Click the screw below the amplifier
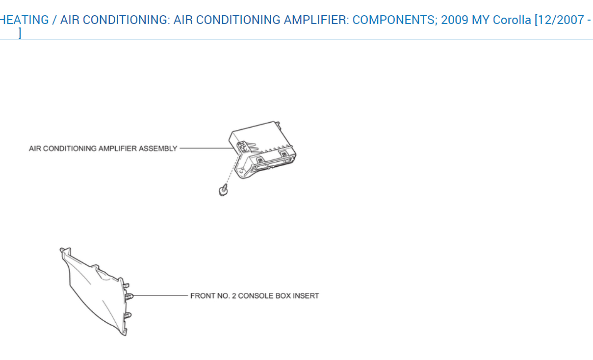coord(223,189)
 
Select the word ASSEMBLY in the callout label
coord(158,149)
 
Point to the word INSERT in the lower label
coord(306,296)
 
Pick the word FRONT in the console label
coord(201,296)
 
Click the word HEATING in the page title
coord(25,20)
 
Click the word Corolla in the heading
coord(512,20)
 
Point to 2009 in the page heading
coord(455,20)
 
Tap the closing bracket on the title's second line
coord(20,33)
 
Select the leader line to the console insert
coord(162,296)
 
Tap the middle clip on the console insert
coord(130,296)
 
